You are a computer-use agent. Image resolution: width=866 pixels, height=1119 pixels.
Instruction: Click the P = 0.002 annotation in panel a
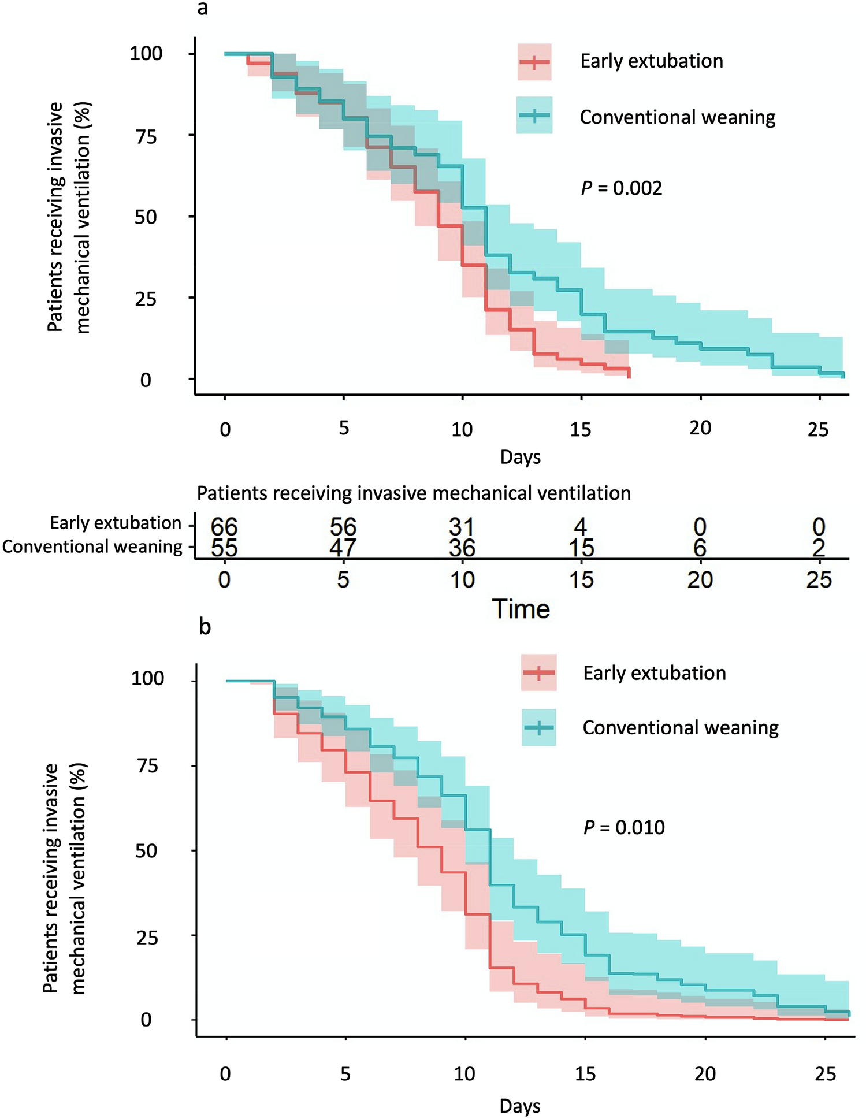click(x=622, y=188)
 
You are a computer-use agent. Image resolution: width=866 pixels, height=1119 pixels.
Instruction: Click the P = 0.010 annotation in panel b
click(x=624, y=827)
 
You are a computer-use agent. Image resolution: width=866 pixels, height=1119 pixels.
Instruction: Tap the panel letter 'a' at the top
click(x=202, y=9)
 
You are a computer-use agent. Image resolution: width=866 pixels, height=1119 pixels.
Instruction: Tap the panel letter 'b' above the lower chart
click(x=205, y=627)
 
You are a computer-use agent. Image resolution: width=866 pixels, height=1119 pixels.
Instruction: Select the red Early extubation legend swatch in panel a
click(x=534, y=62)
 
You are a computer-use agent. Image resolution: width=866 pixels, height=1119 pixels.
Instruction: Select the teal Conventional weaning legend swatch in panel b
click(x=538, y=727)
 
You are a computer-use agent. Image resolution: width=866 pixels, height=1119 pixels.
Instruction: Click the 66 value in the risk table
click(x=224, y=526)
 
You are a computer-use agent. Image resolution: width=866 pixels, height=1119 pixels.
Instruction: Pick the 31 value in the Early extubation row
click(x=462, y=526)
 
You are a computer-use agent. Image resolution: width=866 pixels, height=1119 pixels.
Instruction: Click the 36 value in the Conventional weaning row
click(x=462, y=548)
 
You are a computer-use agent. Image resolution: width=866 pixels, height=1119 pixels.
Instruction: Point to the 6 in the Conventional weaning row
click(x=700, y=548)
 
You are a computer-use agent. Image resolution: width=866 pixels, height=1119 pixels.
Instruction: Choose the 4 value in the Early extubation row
click(x=581, y=526)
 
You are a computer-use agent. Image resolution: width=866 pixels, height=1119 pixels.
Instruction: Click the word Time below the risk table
click(x=521, y=609)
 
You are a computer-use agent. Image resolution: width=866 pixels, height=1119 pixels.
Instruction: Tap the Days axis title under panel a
click(x=520, y=457)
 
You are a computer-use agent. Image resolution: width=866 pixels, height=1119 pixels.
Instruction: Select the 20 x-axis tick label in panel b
click(x=704, y=1074)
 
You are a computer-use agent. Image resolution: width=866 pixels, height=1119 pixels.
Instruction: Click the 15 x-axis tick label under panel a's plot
click(x=581, y=429)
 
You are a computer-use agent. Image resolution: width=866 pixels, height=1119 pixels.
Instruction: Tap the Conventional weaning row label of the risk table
click(x=92, y=547)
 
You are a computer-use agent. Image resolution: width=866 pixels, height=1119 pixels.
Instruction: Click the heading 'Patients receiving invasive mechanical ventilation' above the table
click(x=414, y=493)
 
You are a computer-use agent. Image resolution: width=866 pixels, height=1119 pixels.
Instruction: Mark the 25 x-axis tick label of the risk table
click(x=819, y=579)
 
